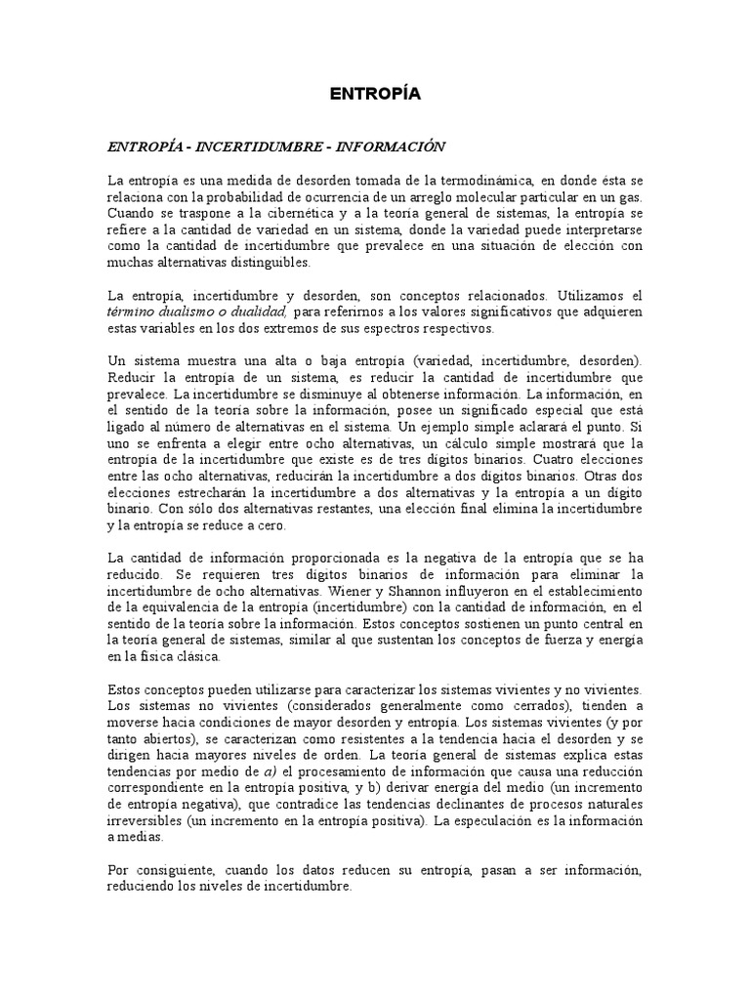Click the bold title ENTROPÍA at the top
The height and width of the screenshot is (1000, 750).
(x=375, y=95)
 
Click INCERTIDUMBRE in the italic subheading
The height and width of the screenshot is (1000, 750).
(x=257, y=146)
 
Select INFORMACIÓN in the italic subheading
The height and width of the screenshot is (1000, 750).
(x=391, y=146)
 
